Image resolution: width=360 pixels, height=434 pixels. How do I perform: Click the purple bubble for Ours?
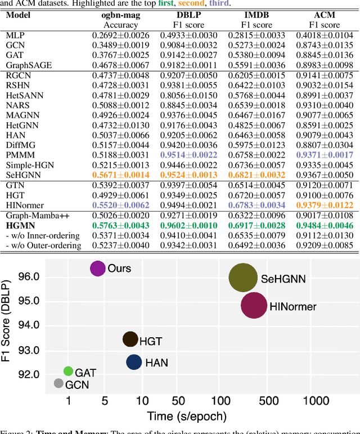point(98,269)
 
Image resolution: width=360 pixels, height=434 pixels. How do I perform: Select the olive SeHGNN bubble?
point(243,278)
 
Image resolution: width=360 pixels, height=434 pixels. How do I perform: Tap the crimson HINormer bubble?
point(254,306)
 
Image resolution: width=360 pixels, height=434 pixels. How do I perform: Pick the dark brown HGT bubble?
point(130,339)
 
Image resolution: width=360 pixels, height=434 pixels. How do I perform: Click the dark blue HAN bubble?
point(134,363)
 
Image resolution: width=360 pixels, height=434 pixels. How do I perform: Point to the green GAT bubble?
point(68,371)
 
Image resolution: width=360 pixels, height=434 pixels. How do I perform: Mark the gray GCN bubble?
point(58,383)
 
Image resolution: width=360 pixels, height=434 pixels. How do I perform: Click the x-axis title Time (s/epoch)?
point(187,417)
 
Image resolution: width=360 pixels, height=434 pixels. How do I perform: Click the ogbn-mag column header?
point(120,15)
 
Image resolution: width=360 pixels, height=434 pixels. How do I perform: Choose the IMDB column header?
point(256,15)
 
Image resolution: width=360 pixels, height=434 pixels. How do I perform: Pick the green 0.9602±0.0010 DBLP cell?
point(188,225)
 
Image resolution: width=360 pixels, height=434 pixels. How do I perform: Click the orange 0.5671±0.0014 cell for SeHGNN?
point(120,175)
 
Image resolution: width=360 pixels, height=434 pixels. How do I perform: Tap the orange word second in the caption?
point(191,3)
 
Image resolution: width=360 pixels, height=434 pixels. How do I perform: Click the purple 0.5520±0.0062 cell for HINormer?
point(120,205)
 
